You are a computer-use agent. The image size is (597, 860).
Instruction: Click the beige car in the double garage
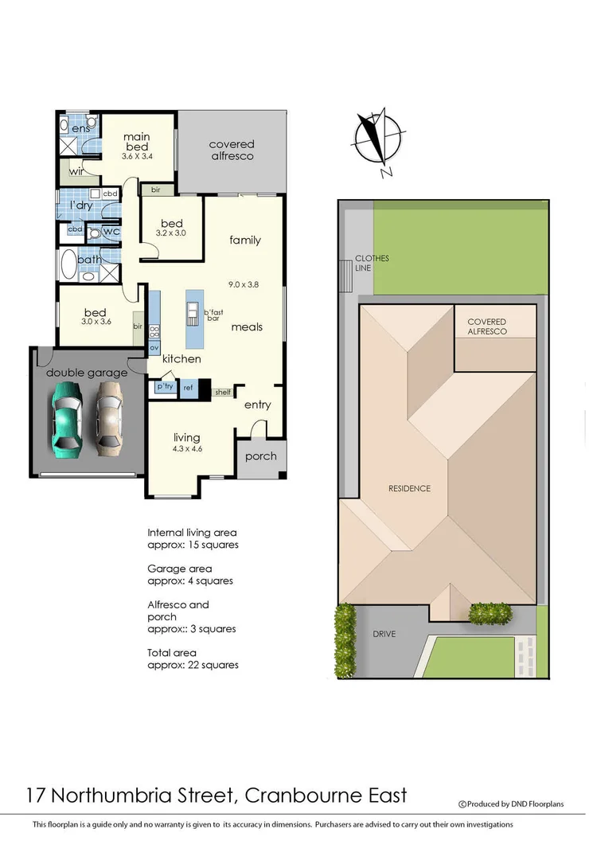[x=111, y=417]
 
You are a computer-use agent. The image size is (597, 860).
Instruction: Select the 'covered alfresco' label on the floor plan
[x=232, y=150]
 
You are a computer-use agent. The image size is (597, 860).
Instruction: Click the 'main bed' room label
[x=136, y=142]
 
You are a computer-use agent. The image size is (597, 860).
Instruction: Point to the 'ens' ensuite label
[x=80, y=129]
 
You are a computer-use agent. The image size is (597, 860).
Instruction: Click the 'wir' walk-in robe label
[x=76, y=171]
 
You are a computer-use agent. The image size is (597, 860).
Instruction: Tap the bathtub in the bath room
[x=69, y=263]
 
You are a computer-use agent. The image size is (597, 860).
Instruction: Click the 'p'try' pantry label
[x=165, y=386]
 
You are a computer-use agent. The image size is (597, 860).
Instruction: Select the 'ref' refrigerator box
[x=188, y=388]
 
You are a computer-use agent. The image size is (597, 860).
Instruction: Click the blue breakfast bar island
[x=193, y=319]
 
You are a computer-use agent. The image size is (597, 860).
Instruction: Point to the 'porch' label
[x=260, y=456]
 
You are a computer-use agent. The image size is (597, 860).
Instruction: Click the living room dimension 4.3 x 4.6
[x=187, y=449]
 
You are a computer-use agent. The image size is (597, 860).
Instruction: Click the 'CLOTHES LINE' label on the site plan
[x=371, y=264]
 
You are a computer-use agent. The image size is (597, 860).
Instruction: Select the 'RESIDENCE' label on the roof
[x=409, y=488]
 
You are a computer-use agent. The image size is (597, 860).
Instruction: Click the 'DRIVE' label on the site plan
[x=384, y=634]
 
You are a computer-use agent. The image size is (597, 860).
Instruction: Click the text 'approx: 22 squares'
[x=193, y=664]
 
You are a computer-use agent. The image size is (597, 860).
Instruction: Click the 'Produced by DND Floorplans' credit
[x=514, y=804]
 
